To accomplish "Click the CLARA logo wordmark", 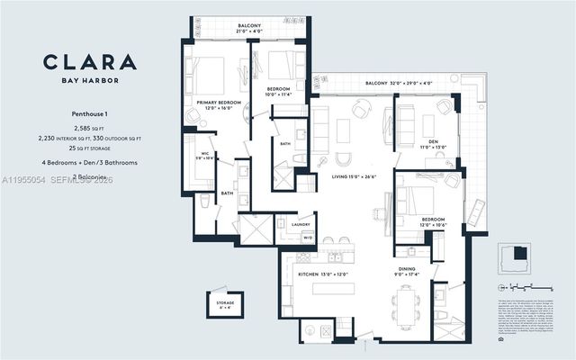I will [x=90, y=63].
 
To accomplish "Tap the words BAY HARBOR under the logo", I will [x=90, y=81].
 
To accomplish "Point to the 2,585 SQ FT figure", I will [x=89, y=129].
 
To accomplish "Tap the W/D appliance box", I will [x=307, y=238].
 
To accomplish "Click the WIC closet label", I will [x=203, y=155].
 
